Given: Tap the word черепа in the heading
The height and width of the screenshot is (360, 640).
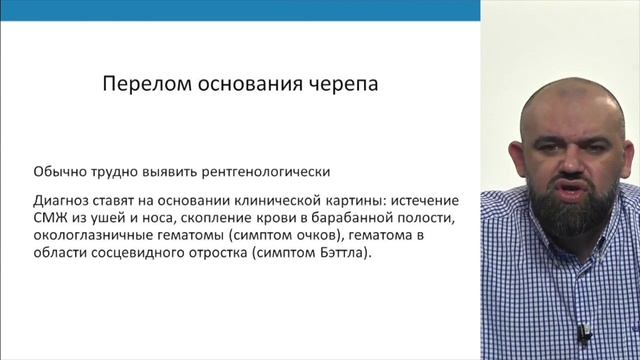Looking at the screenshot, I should coord(342,85).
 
